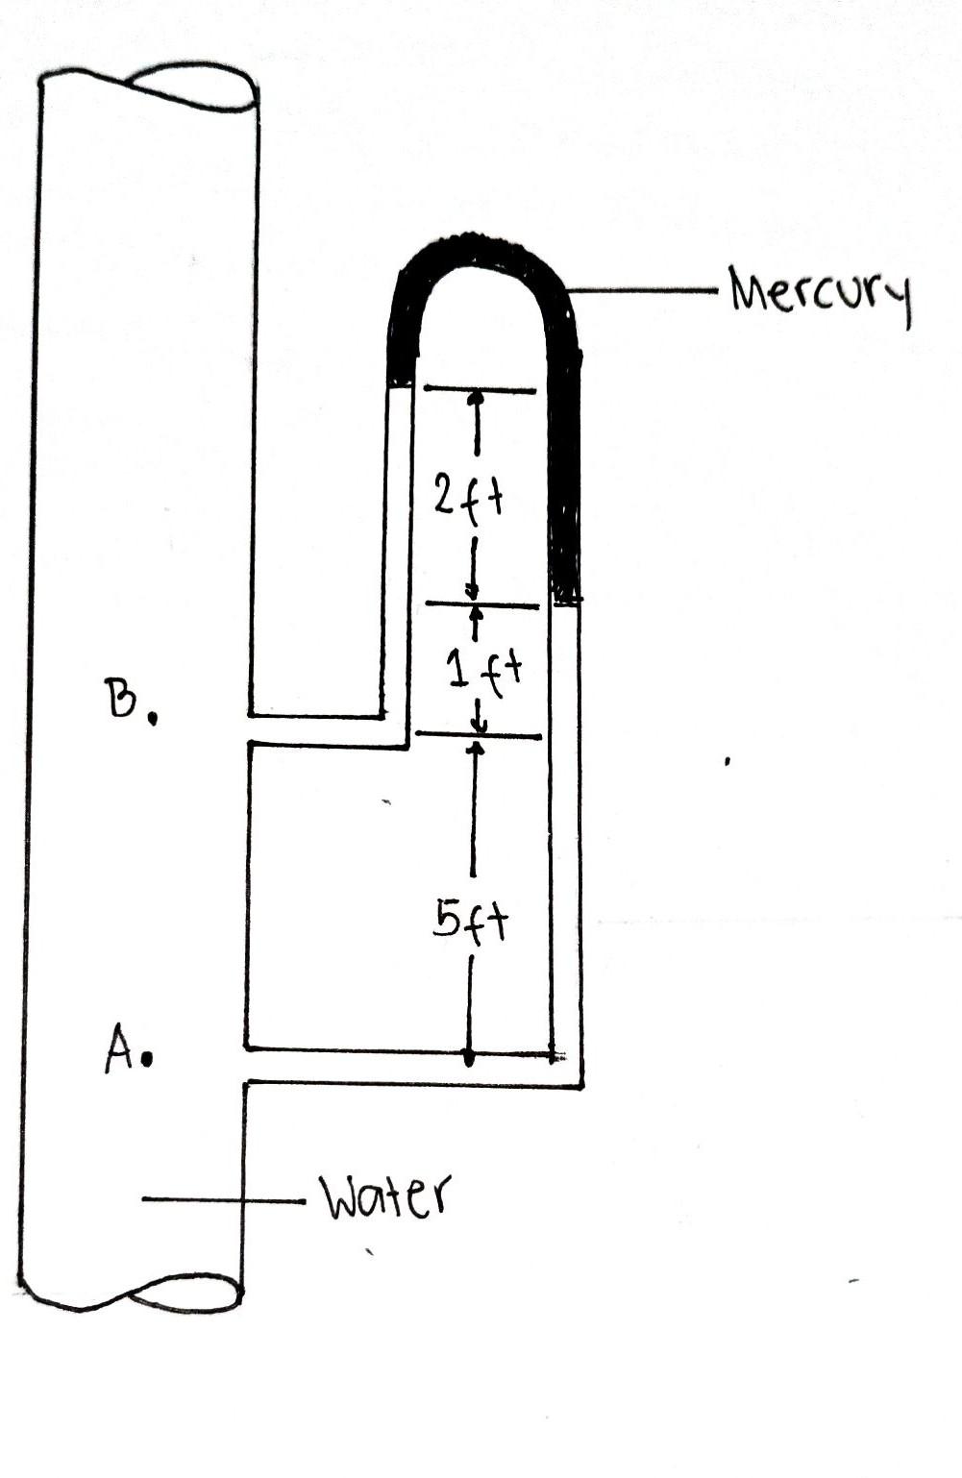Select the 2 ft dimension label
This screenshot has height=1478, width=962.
[468, 497]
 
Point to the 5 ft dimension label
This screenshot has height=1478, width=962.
[470, 922]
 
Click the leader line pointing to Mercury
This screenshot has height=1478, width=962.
[644, 288]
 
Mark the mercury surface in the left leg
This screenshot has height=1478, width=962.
[399, 384]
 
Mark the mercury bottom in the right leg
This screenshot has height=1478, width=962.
[567, 601]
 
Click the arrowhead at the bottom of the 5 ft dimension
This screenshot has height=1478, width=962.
[469, 1057]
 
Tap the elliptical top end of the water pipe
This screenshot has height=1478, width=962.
[192, 86]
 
